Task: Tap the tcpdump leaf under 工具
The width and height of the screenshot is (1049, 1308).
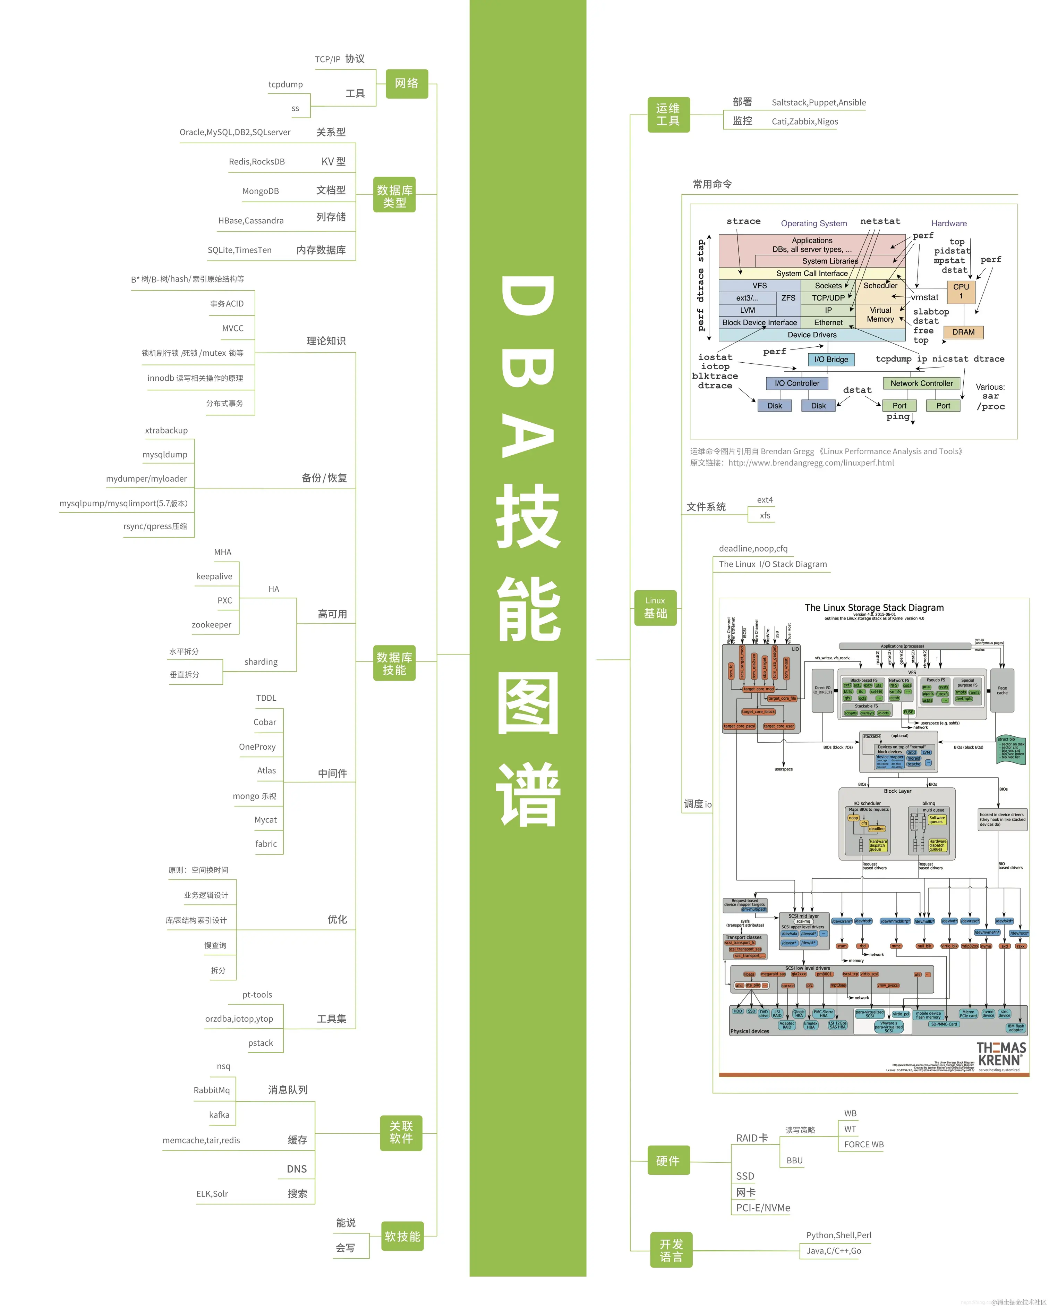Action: (x=285, y=84)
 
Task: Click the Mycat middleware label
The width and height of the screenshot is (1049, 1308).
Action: (x=266, y=820)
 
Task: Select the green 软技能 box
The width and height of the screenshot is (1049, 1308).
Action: (x=403, y=1237)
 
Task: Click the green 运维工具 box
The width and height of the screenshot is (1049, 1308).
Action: (x=668, y=115)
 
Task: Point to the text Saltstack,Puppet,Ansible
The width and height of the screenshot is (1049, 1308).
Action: (x=819, y=102)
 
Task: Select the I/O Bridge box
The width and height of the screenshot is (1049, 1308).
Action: (x=831, y=359)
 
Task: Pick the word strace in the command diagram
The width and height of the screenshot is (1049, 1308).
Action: (x=743, y=221)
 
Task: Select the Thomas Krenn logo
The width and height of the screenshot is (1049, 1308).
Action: (x=1001, y=1054)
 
